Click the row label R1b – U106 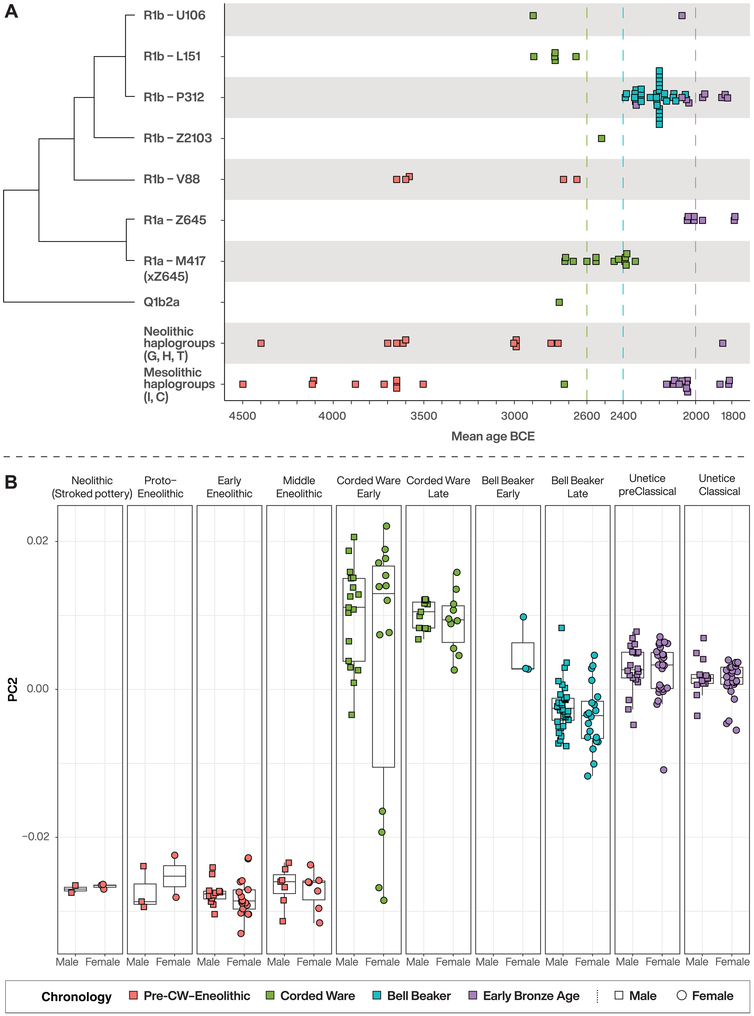click(x=174, y=16)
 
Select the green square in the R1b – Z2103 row click(x=601, y=138)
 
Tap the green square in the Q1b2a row click(x=559, y=302)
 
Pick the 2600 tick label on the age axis click(x=587, y=416)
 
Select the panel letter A click(x=11, y=11)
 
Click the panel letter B click(x=11, y=482)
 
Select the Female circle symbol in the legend click(x=681, y=995)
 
